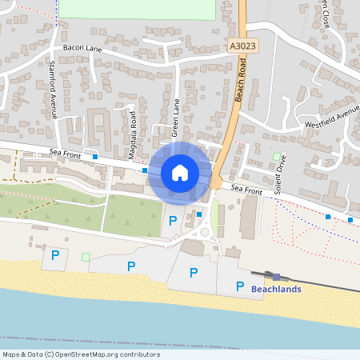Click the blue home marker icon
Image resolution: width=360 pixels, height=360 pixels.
180,172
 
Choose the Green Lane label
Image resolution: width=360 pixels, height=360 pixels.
177,117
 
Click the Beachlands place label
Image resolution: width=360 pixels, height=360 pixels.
276,289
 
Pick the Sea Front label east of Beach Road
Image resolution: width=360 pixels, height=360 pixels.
246,190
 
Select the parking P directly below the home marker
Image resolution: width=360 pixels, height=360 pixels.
172,220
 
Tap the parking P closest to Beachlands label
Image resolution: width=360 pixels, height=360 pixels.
239,286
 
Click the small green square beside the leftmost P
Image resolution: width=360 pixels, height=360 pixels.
86,257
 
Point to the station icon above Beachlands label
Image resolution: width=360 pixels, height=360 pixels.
276,276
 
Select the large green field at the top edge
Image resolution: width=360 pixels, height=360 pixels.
136,9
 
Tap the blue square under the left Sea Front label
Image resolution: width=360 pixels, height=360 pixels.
95,158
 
